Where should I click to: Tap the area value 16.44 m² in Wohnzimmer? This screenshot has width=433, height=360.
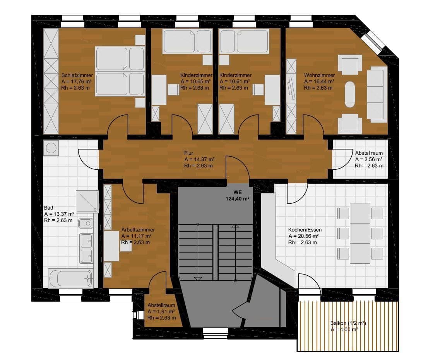pyautogui.click(x=319, y=82)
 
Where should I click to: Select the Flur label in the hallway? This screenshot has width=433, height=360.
pyautogui.click(x=189, y=153)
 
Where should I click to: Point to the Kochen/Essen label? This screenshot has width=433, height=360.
pyautogui.click(x=305, y=230)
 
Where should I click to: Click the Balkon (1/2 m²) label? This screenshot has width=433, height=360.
pyautogui.click(x=348, y=323)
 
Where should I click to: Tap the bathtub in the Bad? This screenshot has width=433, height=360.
pyautogui.click(x=70, y=278)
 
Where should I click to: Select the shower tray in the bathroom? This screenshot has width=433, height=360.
pyautogui.click(x=87, y=201)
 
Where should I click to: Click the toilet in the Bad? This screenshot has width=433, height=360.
pyautogui.click(x=86, y=223)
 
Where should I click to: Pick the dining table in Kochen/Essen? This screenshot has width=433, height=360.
pyautogui.click(x=360, y=233)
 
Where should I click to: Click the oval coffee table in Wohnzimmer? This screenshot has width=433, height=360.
pyautogui.click(x=350, y=94)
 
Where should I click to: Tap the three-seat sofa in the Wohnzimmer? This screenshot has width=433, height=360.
pyautogui.click(x=377, y=94)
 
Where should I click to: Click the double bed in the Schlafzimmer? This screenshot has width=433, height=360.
pyautogui.click(x=120, y=71)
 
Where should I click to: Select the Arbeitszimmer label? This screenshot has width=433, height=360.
pyautogui.click(x=138, y=230)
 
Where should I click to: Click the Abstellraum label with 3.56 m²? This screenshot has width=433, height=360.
pyautogui.click(x=369, y=153)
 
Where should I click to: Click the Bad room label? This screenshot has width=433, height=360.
pyautogui.click(x=48, y=208)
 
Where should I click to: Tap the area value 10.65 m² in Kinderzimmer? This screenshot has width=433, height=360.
pyautogui.click(x=196, y=82)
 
